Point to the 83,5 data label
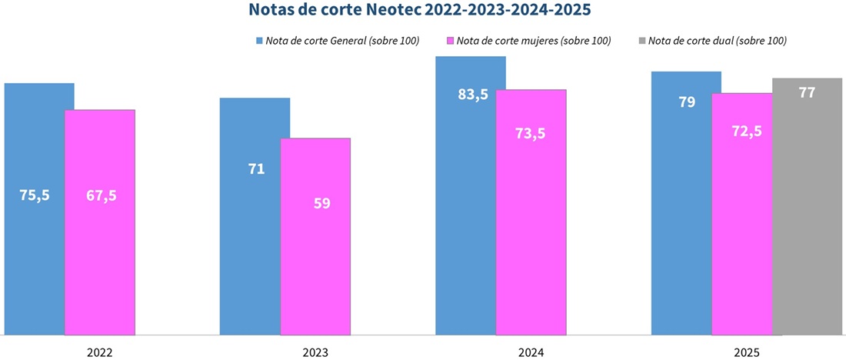click(473, 95)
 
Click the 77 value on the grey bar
click(807, 92)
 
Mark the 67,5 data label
click(102, 195)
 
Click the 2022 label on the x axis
click(100, 352)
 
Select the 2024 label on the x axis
click(531, 352)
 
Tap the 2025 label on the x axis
click(746, 352)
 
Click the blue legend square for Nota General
click(259, 40)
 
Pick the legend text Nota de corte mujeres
click(533, 40)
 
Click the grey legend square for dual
click(641, 40)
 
